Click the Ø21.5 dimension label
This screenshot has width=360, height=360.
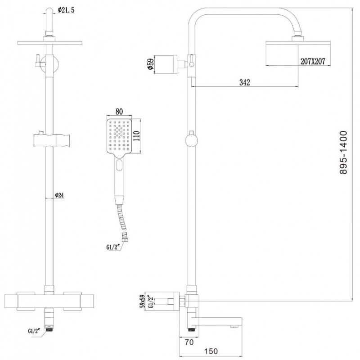tap(66, 10)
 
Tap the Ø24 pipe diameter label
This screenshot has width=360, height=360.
tap(59, 195)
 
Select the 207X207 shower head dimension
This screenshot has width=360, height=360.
tap(313, 61)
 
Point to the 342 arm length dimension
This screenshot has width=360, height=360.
tap(244, 82)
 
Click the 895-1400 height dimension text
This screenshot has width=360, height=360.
tap(343, 153)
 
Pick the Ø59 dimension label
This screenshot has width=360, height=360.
tap(150, 64)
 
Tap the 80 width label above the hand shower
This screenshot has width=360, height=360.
tap(119, 112)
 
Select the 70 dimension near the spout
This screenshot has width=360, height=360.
tap(189, 342)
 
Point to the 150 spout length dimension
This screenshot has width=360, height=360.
tap(211, 351)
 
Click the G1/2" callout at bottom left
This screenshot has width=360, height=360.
tap(34, 331)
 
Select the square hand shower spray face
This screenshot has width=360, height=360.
tap(119, 136)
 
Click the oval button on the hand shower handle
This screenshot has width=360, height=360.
tap(119, 165)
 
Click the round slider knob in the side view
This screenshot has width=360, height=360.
tap(192, 140)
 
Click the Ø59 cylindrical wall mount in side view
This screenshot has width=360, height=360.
tap(166, 64)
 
